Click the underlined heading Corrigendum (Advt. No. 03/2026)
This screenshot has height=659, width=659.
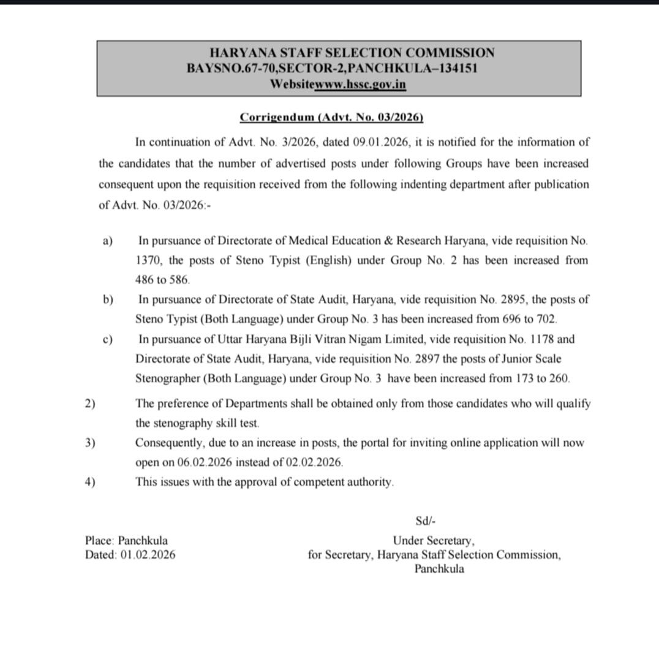click(x=331, y=117)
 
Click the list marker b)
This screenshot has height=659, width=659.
click(x=108, y=299)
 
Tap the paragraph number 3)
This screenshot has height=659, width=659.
click(x=90, y=442)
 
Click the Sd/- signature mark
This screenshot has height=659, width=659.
click(x=425, y=521)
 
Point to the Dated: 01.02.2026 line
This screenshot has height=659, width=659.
click(x=130, y=555)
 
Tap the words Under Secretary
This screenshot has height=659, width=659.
click(x=434, y=541)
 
